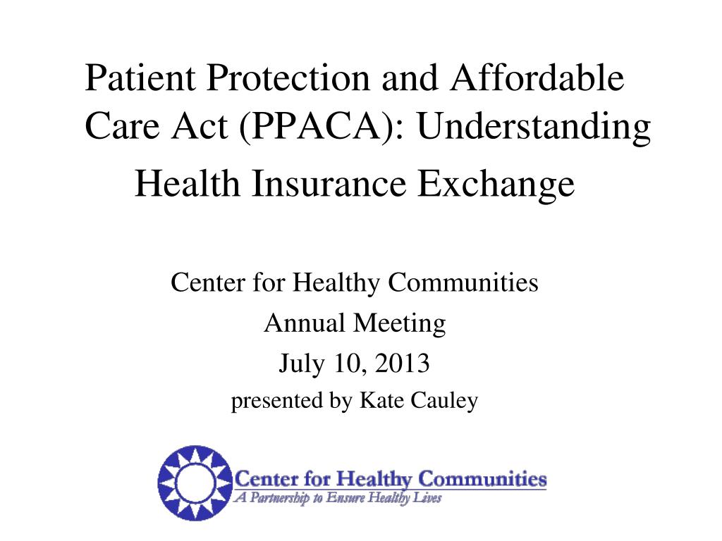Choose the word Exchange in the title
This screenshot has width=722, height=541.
click(x=497, y=185)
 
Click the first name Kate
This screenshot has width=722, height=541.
click(x=379, y=401)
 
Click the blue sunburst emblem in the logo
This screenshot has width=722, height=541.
click(x=192, y=482)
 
